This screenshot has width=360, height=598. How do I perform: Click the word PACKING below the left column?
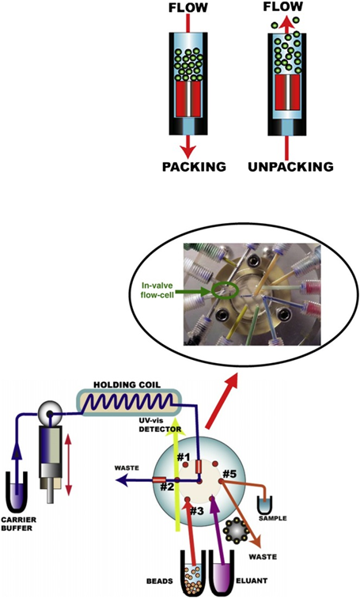pos(194,167)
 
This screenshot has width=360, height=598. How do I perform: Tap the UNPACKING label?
pos(290,167)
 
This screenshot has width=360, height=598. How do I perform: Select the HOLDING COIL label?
pos(127,384)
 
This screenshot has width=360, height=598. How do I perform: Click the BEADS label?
pos(159,581)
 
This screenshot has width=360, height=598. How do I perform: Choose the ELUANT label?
pos(252,581)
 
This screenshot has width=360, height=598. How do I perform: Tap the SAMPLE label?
pos(273,518)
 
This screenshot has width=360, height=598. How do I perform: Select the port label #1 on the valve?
pos(183,456)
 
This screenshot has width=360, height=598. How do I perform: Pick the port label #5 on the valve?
pos(230,474)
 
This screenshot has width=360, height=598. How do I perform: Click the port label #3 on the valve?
pos(197,511)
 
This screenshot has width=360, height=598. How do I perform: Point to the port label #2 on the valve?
pos(167,486)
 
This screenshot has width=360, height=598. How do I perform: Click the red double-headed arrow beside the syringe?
pos(68,465)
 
